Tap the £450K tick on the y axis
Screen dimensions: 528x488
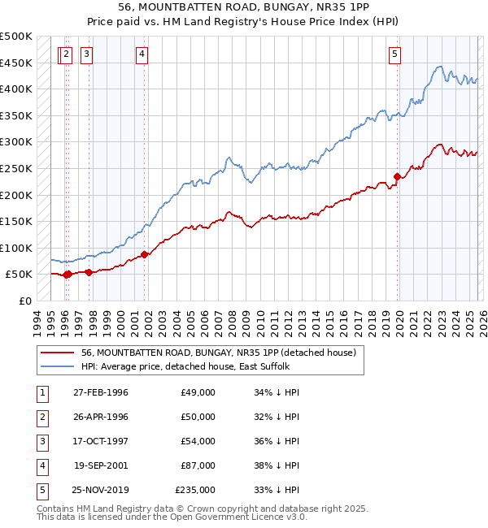coord(16,63)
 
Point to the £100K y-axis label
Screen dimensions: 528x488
coord(16,248)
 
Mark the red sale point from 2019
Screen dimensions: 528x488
coord(398,176)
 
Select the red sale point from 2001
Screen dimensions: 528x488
coord(145,254)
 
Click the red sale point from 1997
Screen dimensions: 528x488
coord(89,272)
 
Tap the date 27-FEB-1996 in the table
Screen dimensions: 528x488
coord(101,392)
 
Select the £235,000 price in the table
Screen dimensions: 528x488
coord(195,490)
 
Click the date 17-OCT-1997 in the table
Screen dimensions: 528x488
coord(101,441)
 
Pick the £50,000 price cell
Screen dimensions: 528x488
coord(198,417)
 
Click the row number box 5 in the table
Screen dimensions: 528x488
coord(40,490)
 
